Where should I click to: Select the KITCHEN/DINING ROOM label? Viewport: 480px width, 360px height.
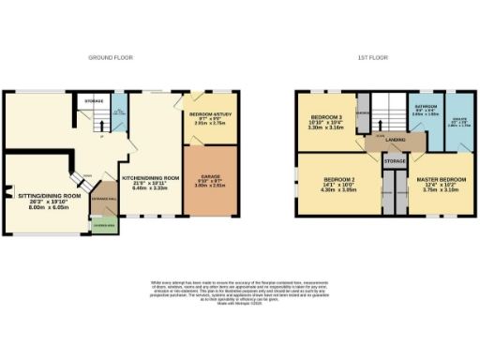click(151, 181)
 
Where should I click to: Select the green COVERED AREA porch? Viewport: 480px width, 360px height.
click(103, 227)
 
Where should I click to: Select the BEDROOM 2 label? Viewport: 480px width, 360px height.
click(339, 183)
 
